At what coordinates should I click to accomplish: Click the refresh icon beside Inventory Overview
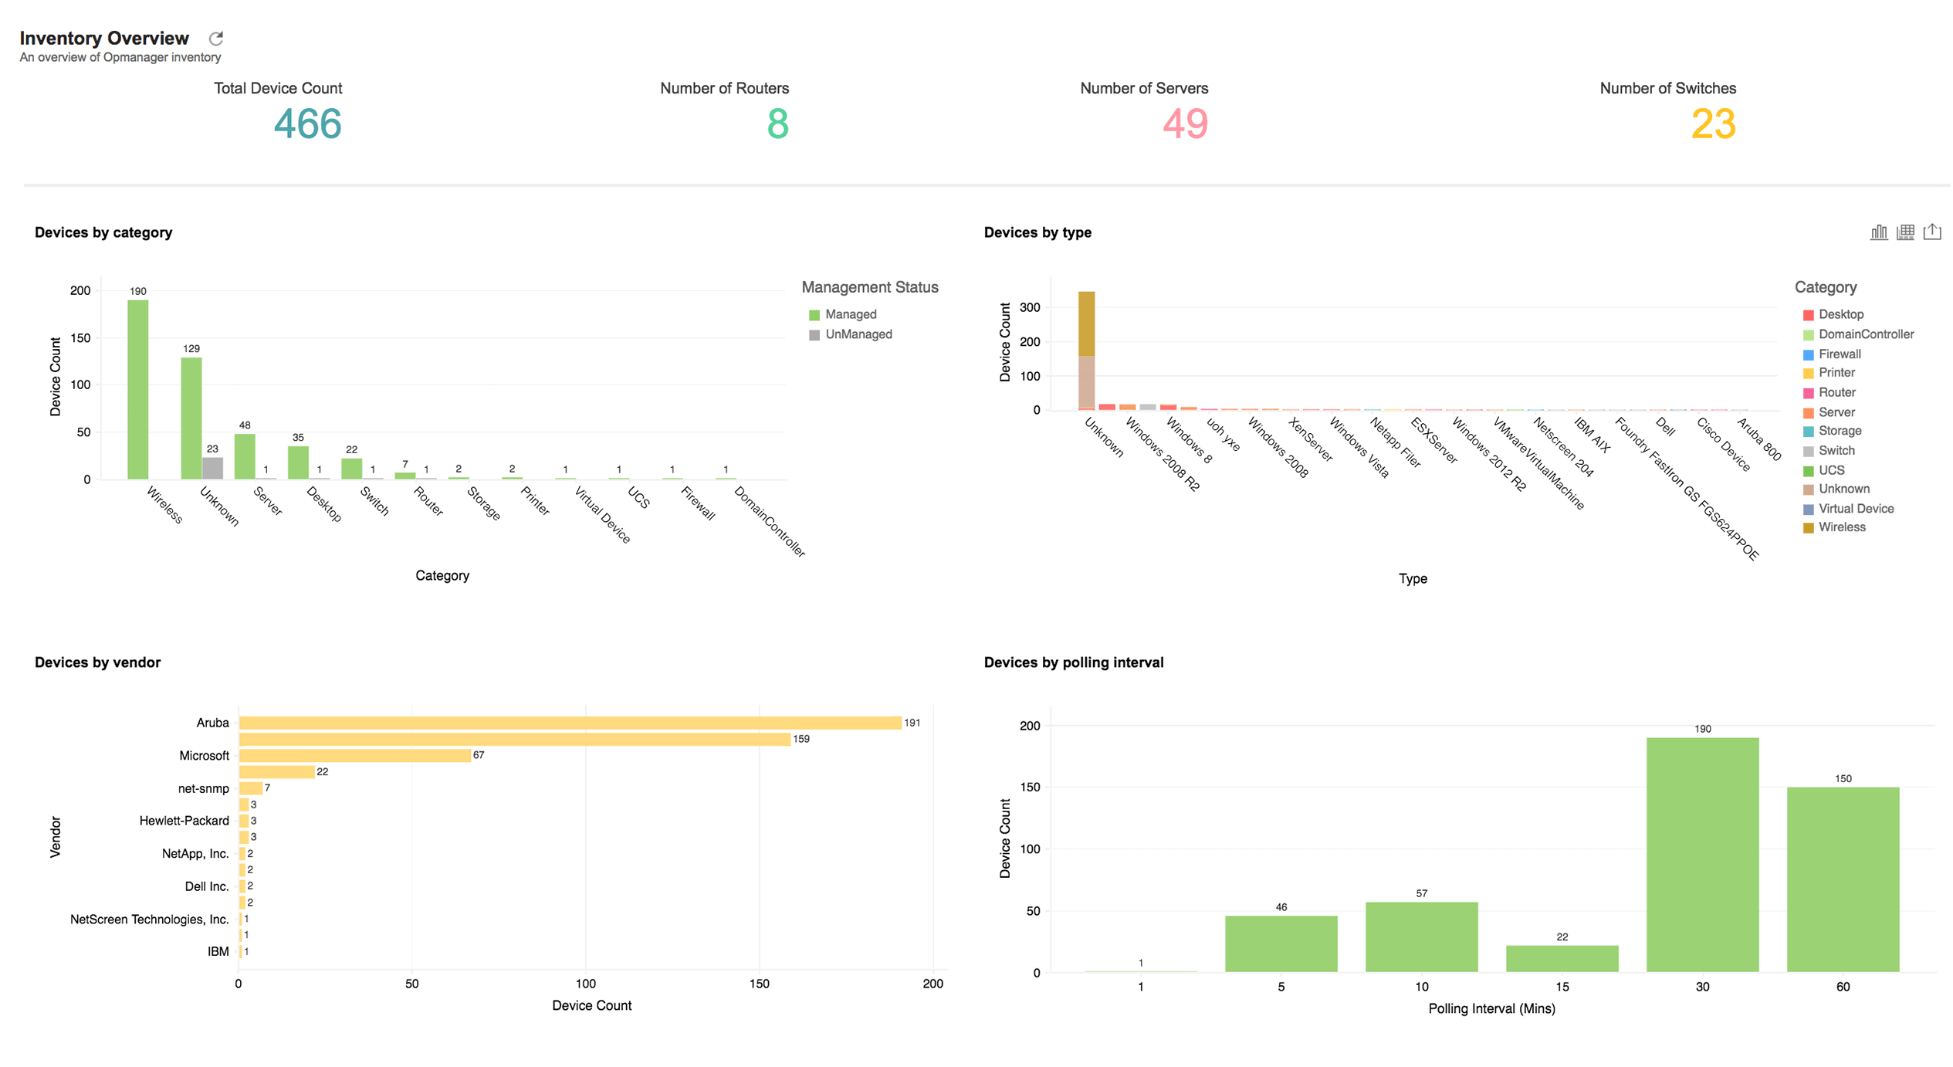point(216,39)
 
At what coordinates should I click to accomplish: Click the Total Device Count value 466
point(307,124)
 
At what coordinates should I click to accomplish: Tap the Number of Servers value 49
point(1184,124)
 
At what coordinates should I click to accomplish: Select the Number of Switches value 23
point(1712,124)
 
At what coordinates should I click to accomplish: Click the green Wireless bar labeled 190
point(138,390)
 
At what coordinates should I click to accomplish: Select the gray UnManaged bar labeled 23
point(212,469)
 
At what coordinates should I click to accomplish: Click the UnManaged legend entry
point(857,335)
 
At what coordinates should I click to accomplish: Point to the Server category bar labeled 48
point(245,457)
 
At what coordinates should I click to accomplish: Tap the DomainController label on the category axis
point(768,521)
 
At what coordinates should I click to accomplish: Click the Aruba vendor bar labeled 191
point(570,723)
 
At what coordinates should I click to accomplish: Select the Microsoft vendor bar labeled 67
point(355,756)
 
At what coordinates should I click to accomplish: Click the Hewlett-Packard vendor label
point(184,821)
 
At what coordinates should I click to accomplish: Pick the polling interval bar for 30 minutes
point(1701,855)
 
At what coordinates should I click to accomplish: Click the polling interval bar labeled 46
point(1280,943)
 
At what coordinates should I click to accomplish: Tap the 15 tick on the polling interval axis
point(1561,987)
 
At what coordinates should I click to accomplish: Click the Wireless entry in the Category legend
point(1840,528)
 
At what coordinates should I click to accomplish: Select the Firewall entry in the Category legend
point(1838,354)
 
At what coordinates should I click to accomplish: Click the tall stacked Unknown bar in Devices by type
point(1085,351)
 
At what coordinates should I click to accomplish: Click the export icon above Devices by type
point(1931,232)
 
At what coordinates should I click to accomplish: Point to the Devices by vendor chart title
point(97,662)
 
